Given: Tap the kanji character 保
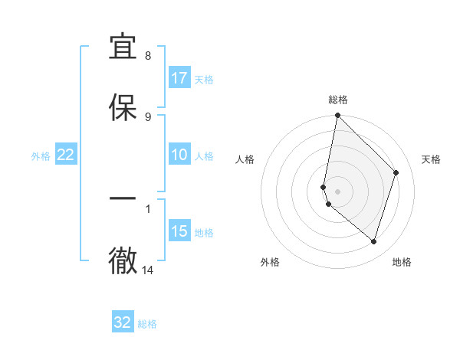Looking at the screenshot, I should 123,107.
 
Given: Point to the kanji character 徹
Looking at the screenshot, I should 123,261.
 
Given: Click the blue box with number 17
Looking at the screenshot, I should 179,78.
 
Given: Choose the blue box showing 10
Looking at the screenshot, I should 179,155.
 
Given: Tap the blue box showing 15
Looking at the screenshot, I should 179,231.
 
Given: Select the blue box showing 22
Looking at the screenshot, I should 66,155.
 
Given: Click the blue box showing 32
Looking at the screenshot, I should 123,322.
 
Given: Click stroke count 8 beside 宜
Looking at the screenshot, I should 148,55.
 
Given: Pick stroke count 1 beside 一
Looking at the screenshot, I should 148,208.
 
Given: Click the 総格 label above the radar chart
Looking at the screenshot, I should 338,100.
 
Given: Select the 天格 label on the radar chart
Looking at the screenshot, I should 431,159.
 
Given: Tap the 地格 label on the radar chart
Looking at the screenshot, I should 402,262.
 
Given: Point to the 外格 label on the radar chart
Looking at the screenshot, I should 270,262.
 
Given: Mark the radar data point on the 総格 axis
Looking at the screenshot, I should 337,115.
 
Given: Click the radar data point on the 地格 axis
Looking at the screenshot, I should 373,241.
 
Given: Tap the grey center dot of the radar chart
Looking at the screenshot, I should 337,191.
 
